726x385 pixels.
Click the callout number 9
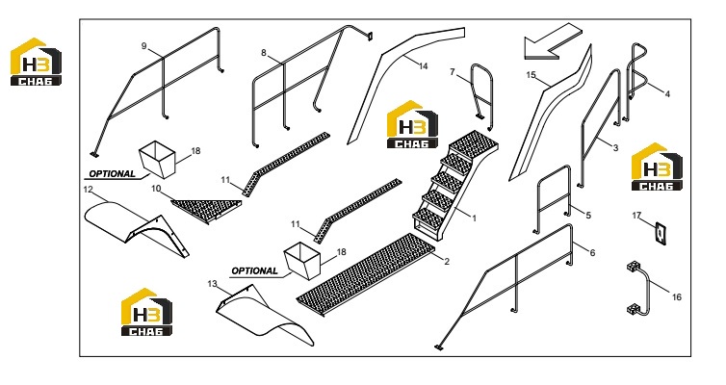[144, 46]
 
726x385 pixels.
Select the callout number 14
[424, 66]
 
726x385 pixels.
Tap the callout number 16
[677, 297]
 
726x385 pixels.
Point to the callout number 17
[636, 216]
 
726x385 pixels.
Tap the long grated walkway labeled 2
[366, 274]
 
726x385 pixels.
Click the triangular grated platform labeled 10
[206, 209]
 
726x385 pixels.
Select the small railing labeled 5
[554, 199]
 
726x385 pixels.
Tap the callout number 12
[88, 190]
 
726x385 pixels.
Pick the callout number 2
[447, 262]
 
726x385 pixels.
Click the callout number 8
[264, 53]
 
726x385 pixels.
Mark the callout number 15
[531, 75]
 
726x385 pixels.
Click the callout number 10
[156, 189]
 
